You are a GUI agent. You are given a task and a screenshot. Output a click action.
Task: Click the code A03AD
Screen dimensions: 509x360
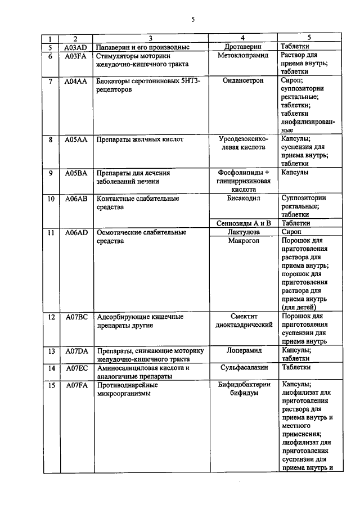pyautogui.click(x=75, y=47)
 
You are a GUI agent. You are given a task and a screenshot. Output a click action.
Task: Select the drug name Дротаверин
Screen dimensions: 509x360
pyautogui.click(x=244, y=47)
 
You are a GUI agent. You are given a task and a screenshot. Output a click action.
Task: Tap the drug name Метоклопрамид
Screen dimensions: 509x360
pyautogui.click(x=244, y=56)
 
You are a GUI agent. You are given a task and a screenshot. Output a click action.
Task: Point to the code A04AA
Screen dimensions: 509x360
pyautogui.click(x=75, y=81)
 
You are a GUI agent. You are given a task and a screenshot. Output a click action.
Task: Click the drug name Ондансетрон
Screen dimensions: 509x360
pyautogui.click(x=244, y=81)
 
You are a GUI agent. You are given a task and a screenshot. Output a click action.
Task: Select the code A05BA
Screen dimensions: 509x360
pyautogui.click(x=75, y=173)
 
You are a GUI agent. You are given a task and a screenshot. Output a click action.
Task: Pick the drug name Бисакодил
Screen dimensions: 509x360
pyautogui.click(x=244, y=198)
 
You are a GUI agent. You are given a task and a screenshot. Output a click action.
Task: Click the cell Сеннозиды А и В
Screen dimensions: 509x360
pyautogui.click(x=244, y=223)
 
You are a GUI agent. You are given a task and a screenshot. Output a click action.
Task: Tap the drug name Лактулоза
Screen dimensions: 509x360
pyautogui.click(x=244, y=232)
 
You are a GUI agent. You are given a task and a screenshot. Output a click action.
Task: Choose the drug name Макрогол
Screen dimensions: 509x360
pyautogui.click(x=244, y=241)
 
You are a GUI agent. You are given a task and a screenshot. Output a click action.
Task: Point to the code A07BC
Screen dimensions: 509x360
pyautogui.click(x=75, y=317)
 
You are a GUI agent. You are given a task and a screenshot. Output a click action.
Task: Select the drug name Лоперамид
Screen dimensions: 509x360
pyautogui.click(x=244, y=350)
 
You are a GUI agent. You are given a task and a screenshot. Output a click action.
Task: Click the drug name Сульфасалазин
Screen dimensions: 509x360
pyautogui.click(x=244, y=368)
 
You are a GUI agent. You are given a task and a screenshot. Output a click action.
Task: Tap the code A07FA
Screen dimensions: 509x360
pyautogui.click(x=75, y=385)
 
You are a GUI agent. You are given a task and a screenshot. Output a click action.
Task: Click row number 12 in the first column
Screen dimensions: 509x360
pyautogui.click(x=51, y=317)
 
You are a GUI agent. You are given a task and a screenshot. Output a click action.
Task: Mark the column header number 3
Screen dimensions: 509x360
pyautogui.click(x=150, y=39)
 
